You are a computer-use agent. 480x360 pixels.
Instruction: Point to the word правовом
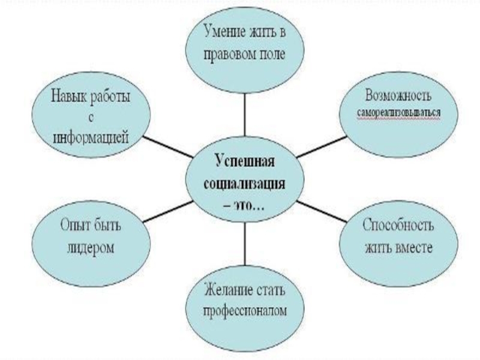pyautogui.click(x=229, y=54)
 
